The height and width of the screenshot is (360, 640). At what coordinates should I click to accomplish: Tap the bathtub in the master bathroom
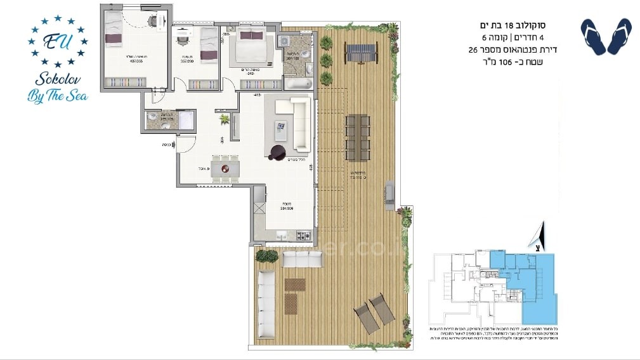coord(297,84)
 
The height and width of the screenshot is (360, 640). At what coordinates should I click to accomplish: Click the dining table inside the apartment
coord(226,169)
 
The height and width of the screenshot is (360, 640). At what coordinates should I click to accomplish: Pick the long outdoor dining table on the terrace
coord(357,136)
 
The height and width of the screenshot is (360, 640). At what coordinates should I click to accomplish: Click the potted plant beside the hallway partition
coord(224,119)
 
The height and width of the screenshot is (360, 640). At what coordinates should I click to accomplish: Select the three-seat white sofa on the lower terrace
coord(302,259)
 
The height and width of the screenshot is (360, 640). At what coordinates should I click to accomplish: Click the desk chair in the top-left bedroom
coord(153,21)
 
